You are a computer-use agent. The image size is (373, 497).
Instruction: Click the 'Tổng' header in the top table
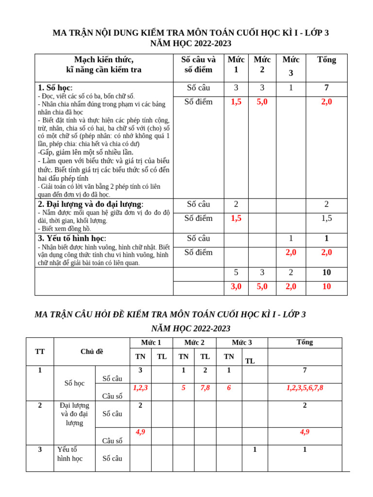click(x=326, y=60)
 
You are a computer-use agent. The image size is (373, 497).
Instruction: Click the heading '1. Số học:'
click(x=55, y=88)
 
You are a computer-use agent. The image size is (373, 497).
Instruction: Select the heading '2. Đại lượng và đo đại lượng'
click(x=91, y=204)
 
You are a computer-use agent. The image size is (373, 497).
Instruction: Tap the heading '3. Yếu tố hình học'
click(x=72, y=238)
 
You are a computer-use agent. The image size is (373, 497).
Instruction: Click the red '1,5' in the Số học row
click(x=236, y=102)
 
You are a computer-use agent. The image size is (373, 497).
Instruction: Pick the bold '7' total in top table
click(x=326, y=88)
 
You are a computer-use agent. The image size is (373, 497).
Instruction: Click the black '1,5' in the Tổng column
click(x=326, y=218)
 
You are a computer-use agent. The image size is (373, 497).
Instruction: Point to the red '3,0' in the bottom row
click(x=236, y=286)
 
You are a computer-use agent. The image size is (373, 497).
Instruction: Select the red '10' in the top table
click(x=326, y=286)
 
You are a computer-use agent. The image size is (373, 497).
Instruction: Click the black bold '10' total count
click(x=326, y=273)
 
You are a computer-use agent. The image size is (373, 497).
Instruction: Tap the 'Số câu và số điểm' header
click(x=198, y=65)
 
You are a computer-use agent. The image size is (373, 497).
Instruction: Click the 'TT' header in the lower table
click(x=40, y=352)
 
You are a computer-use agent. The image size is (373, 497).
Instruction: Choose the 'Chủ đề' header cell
click(x=92, y=352)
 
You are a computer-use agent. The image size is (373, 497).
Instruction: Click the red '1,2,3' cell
click(x=140, y=388)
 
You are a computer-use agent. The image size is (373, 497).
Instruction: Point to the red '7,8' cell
click(x=205, y=388)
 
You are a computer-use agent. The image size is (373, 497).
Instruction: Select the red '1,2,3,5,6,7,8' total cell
click(x=305, y=388)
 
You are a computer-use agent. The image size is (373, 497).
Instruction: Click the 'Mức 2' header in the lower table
click(x=194, y=343)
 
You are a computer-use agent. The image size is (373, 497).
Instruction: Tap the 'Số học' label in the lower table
click(x=74, y=383)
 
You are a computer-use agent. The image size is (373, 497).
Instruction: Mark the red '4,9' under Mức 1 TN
click(x=140, y=432)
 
